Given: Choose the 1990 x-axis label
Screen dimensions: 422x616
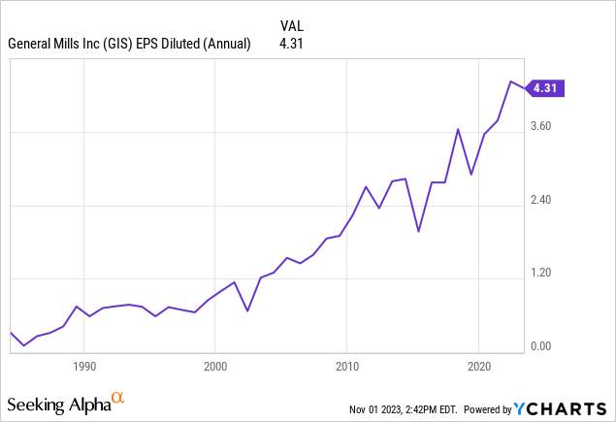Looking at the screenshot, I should (x=83, y=367).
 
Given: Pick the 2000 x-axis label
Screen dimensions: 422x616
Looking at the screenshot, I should (x=215, y=367).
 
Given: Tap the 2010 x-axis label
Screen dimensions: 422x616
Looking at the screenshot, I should (x=347, y=367).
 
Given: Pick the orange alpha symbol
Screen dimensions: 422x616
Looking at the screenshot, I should (x=118, y=398).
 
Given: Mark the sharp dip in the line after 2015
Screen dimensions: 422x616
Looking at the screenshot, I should (x=418, y=231).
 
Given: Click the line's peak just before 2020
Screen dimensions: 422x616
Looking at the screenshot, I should (x=458, y=129).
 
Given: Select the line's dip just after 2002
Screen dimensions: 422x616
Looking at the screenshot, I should (x=247, y=310).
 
